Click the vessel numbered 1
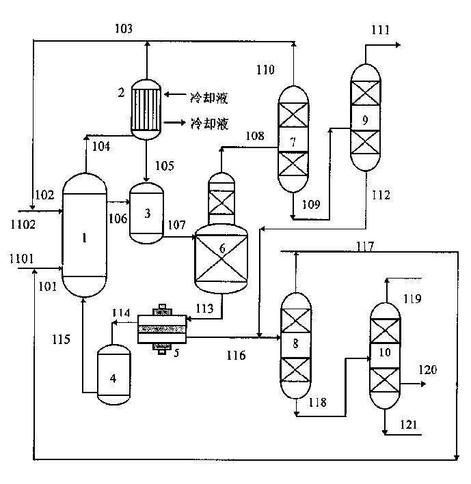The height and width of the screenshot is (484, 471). click(85, 236)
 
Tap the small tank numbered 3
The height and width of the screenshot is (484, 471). click(147, 213)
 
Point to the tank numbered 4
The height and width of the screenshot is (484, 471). click(113, 374)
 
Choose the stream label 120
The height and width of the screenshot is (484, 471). click(427, 369)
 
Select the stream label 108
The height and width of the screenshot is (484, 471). click(255, 136)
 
